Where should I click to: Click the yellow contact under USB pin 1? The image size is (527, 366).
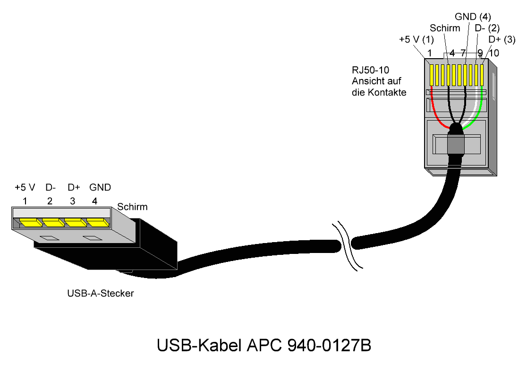click(30, 223)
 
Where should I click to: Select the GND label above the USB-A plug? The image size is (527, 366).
click(100, 187)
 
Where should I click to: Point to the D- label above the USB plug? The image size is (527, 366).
click(51, 187)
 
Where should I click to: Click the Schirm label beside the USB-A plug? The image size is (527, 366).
click(132, 207)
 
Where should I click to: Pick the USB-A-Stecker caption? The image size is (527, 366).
click(101, 293)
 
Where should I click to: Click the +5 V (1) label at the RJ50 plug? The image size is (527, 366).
click(416, 40)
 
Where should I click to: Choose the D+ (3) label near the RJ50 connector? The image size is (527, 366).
click(501, 40)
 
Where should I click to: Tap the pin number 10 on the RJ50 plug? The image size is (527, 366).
click(494, 53)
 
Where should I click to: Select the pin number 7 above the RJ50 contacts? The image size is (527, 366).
click(463, 53)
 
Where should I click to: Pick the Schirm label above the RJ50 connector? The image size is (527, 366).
click(445, 28)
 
